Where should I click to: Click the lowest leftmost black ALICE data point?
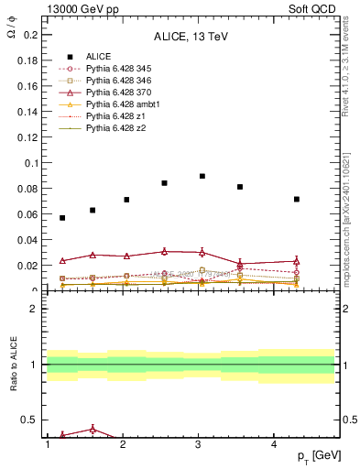click(x=62, y=218)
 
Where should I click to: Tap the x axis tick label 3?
click(x=199, y=444)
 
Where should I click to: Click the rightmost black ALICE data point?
click(x=297, y=199)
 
